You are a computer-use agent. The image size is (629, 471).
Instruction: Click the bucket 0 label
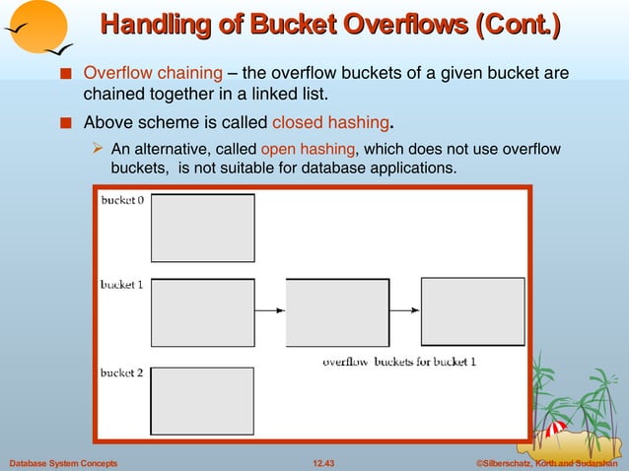coord(122,199)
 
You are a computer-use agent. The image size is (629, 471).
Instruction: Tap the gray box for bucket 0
coord(202,228)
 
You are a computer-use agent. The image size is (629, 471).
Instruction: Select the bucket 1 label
coord(122,285)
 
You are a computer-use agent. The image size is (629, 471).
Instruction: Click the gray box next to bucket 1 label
coord(202,312)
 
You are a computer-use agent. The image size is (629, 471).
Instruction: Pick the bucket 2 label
coord(122,372)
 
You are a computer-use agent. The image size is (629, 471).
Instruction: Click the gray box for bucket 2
coord(202,400)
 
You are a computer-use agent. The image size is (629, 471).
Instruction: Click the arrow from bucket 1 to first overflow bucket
coord(269,310)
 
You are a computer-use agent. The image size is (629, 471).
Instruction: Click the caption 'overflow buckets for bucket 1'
coord(399,362)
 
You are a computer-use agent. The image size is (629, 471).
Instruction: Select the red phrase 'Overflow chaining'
coord(153,73)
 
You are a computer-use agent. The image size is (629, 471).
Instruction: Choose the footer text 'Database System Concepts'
coord(62,462)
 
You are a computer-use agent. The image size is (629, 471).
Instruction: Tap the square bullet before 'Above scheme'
coord(65,124)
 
